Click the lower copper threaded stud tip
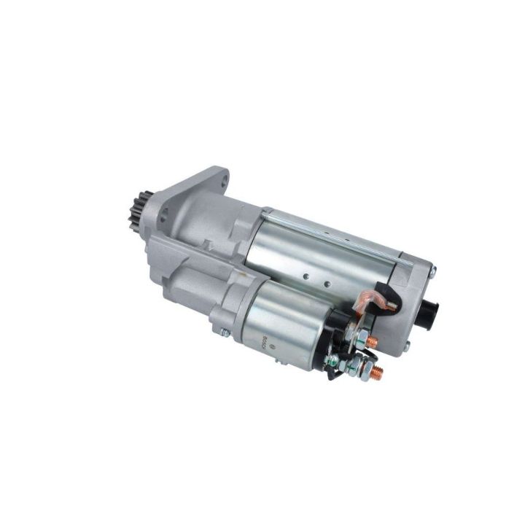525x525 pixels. click(378, 370)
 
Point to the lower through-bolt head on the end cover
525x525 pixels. click(406, 346)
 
